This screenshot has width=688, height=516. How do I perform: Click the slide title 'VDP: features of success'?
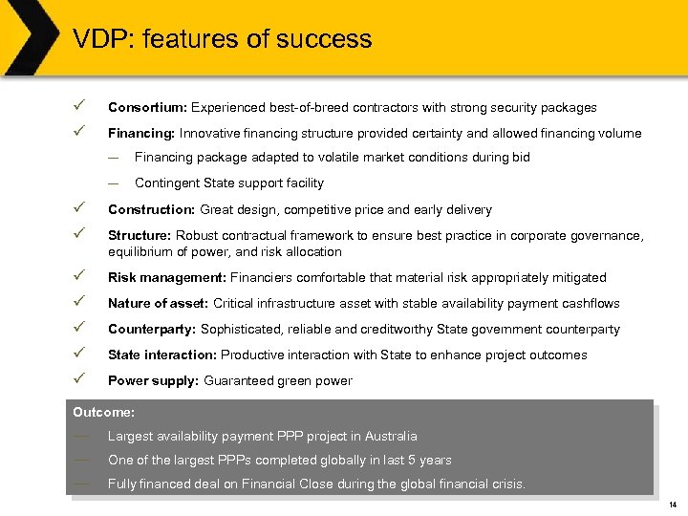[222, 39]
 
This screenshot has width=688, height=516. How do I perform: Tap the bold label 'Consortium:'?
[146, 108]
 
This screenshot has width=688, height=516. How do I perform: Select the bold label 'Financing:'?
[141, 134]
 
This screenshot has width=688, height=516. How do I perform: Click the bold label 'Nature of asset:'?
[159, 304]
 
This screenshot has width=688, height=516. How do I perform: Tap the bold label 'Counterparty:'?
[150, 330]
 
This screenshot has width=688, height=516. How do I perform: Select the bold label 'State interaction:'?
[162, 355]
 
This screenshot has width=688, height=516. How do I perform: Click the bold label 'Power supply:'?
[154, 381]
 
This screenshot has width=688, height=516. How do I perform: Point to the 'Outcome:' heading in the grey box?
[104, 413]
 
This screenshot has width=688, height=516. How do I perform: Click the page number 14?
[672, 505]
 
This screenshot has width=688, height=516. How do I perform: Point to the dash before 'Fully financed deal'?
[81, 484]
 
